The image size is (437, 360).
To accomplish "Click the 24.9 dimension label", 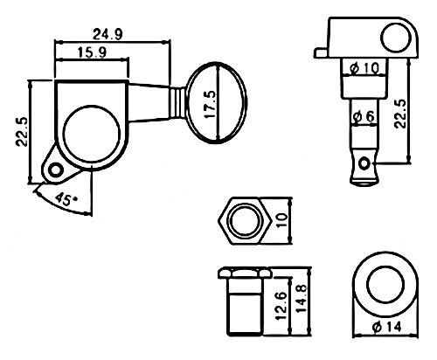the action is (x=108, y=34).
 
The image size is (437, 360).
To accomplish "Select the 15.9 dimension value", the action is (x=92, y=52).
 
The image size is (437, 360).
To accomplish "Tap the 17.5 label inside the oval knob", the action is (x=210, y=104).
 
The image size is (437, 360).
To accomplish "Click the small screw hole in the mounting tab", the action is (x=55, y=170).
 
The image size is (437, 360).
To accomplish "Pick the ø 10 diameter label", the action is (x=364, y=68).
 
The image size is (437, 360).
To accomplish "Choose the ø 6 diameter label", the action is (x=364, y=117).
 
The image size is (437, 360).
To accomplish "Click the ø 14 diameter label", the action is (x=387, y=327).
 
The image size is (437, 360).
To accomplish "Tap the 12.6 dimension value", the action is (x=281, y=306).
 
